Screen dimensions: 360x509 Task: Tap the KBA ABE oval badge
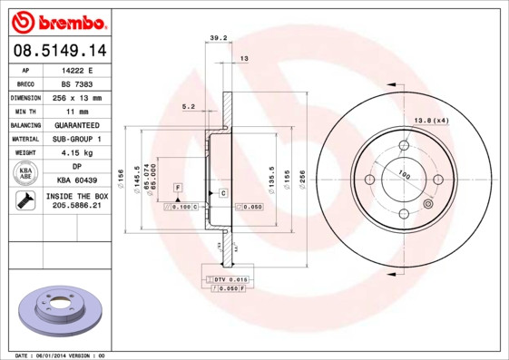tap(26, 174)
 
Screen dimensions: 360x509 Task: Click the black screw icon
tap(26, 201)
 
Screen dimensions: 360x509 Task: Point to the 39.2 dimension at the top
tap(217, 38)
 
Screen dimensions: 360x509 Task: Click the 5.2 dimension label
tap(189, 106)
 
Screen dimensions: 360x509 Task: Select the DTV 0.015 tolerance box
tap(231, 278)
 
